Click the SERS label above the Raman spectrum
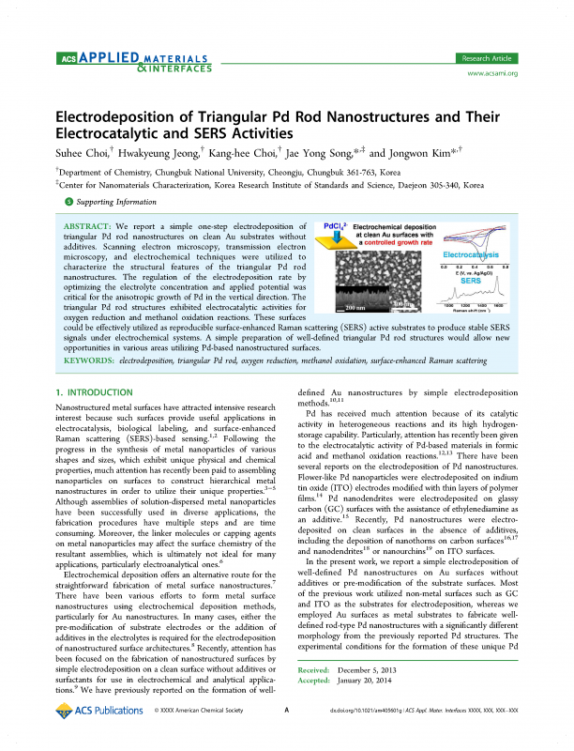click(471, 280)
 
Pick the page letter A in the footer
click(286, 737)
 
